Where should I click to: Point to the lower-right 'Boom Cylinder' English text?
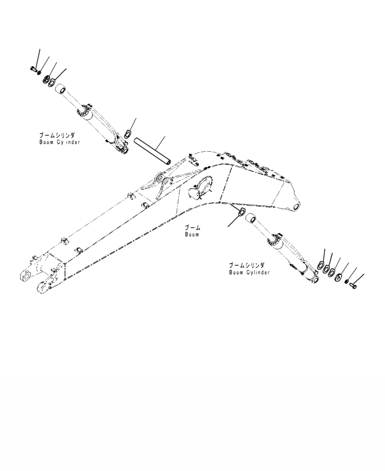pos(249,272)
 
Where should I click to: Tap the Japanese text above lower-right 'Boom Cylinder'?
pos(247,265)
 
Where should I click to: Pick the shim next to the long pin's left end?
pos(128,133)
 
